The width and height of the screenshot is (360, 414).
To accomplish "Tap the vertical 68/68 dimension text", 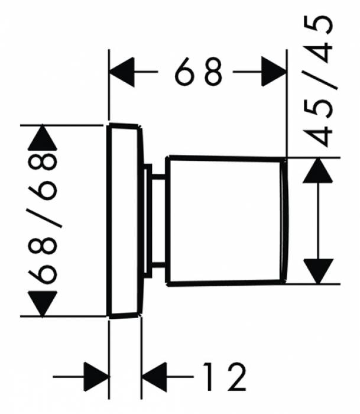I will [45, 219].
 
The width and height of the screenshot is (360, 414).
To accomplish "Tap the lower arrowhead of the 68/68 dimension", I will [45, 303].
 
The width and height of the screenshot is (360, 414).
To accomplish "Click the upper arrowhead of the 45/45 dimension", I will [320, 172].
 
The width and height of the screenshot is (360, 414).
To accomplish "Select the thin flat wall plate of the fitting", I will [125, 221].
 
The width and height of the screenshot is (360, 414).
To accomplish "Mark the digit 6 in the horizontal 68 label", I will [185, 73].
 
